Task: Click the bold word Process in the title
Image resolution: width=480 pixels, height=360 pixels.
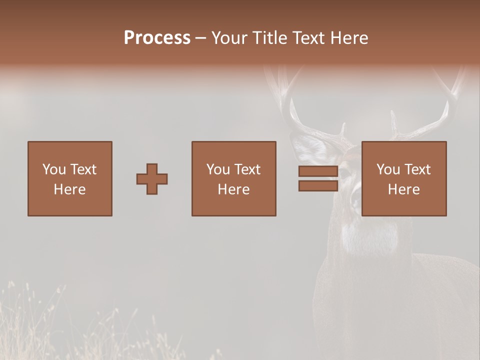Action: click(x=157, y=38)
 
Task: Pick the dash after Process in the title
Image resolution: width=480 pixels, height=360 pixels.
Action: click(x=201, y=38)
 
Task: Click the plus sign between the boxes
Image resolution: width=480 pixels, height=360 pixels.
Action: click(x=152, y=178)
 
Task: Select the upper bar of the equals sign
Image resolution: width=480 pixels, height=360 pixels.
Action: click(x=318, y=171)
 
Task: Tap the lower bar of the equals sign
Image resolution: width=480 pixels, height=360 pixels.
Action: click(x=318, y=186)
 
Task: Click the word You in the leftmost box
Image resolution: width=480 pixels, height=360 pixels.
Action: click(x=54, y=169)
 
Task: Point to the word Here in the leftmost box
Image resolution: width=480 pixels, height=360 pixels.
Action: click(x=70, y=189)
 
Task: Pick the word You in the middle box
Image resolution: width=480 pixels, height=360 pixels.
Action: click(x=218, y=169)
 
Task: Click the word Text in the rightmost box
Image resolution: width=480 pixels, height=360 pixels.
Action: click(x=418, y=169)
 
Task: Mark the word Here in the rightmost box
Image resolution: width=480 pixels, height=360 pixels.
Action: click(x=404, y=189)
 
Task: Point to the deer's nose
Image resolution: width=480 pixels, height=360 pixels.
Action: click(x=356, y=200)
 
